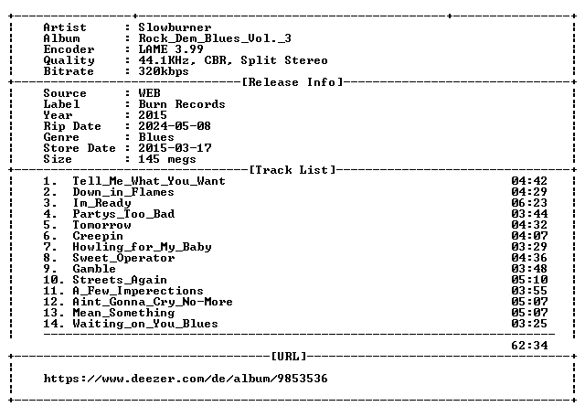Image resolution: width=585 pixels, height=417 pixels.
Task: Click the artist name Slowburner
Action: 175,27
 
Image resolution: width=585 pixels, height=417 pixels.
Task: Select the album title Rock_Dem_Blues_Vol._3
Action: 215,38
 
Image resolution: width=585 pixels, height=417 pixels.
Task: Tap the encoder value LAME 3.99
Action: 171,49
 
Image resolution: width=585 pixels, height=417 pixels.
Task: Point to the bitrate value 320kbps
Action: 164,71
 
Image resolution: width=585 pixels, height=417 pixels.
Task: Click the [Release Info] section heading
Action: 292,82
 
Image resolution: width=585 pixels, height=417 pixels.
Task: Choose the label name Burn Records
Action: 182,104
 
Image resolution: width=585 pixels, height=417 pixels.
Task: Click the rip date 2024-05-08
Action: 175,126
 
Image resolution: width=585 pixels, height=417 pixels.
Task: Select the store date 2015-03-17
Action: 175,148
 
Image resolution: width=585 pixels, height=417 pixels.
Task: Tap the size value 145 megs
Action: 167,159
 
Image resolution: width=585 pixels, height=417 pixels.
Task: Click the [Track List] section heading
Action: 292,170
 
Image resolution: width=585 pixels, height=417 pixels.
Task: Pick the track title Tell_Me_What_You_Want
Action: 149,181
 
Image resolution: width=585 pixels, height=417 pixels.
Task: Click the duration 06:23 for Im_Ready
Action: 529,203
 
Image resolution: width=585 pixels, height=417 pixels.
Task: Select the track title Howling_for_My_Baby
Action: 142,247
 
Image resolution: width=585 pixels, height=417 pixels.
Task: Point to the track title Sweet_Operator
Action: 123,258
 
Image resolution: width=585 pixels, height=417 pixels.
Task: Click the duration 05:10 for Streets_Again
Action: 529,280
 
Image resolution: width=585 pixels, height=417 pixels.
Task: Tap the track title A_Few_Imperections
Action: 138,291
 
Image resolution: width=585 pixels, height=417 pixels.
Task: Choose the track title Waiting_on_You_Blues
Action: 145,324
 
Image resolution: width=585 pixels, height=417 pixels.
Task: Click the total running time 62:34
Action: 529,346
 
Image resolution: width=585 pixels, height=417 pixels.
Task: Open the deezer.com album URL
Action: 186,379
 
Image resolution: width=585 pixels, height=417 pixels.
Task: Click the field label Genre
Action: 61,137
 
